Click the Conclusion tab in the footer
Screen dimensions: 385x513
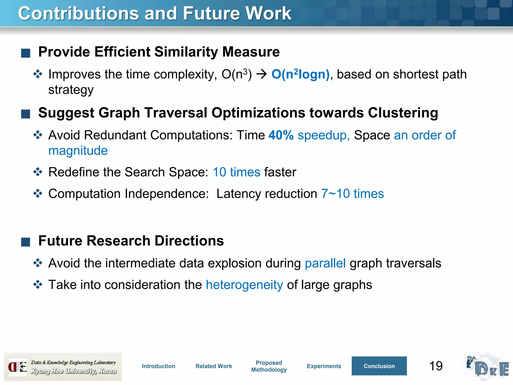pos(379,366)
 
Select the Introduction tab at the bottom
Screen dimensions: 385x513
pos(159,366)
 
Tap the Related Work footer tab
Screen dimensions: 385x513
pos(214,366)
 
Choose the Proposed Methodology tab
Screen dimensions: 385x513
pos(269,366)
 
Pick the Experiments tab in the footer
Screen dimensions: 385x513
pos(324,366)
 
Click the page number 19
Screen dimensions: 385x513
pos(436,366)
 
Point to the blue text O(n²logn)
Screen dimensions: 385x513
pos(300,74)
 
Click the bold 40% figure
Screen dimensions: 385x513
pos(281,135)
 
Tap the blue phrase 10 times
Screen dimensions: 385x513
pos(236,172)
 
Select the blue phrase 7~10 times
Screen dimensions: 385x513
pos(352,194)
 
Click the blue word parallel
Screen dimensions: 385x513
pos(325,263)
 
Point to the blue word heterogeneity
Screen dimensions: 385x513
pos(244,285)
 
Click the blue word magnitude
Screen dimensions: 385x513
pos(78,151)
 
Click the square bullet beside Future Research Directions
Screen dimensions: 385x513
pos(26,242)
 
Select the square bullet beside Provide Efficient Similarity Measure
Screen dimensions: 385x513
pos(26,53)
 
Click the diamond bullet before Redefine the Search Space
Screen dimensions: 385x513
pos(38,172)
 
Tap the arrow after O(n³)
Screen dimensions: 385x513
pos(262,74)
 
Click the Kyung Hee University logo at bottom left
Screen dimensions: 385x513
pos(63,367)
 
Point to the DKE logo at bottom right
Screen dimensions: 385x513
pos(487,367)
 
